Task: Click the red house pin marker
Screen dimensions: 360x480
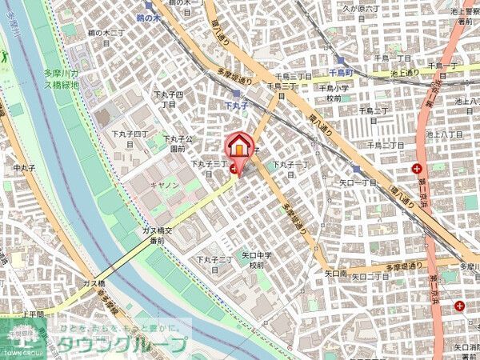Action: point(238,146)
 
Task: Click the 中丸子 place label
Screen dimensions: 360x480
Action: point(26,169)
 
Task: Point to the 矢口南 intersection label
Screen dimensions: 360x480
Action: point(335,274)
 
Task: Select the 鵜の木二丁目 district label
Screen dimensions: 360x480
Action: point(106,38)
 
